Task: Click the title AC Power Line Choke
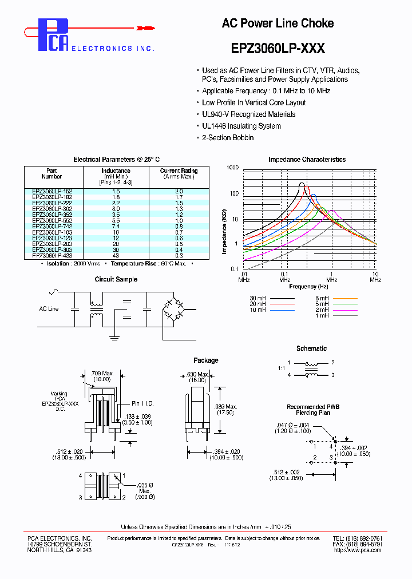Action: pyautogui.click(x=278, y=23)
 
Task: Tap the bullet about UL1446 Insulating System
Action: pyautogui.click(x=241, y=126)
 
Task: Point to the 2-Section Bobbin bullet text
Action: pyautogui.click(x=228, y=138)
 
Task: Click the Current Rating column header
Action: pyautogui.click(x=179, y=170)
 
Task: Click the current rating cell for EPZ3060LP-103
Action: pyautogui.click(x=179, y=232)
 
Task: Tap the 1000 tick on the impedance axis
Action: pyautogui.click(x=232, y=168)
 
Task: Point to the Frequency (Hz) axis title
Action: pyautogui.click(x=308, y=286)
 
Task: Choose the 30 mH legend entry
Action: pyautogui.click(x=272, y=299)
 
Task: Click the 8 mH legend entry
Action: pyautogui.click(x=336, y=299)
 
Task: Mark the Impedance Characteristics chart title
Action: pyautogui.click(x=307, y=160)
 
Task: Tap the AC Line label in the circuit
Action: pyautogui.click(x=49, y=309)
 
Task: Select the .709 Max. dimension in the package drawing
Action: pyautogui.click(x=104, y=374)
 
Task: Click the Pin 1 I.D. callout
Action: pyautogui.click(x=142, y=403)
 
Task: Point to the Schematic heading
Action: pyautogui.click(x=311, y=348)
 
